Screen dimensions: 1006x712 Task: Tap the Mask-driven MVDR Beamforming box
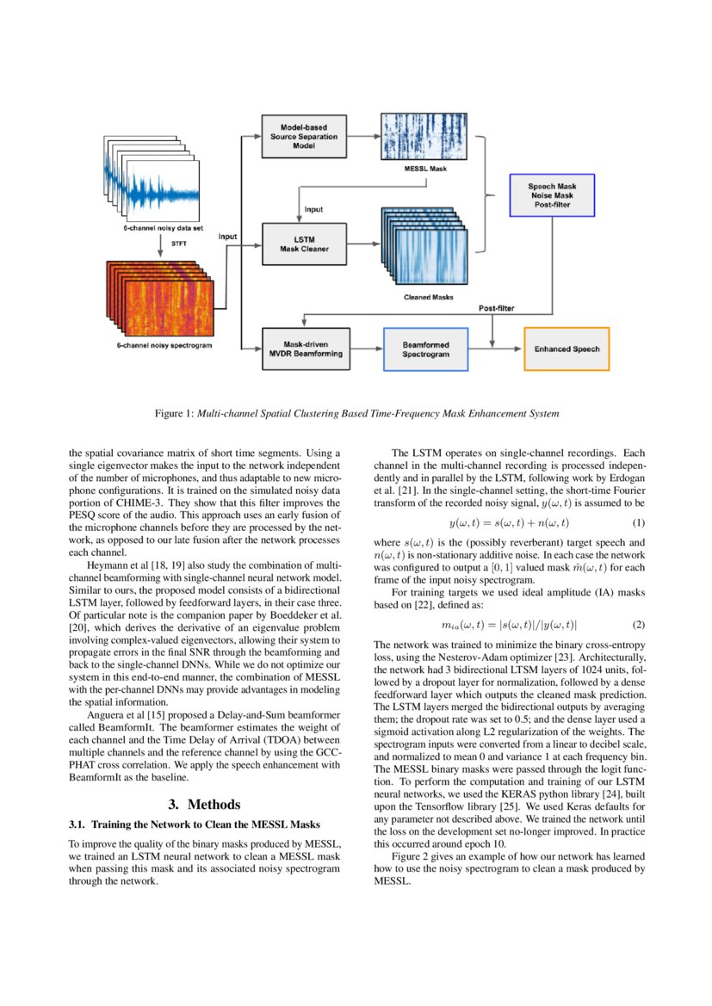pos(304,349)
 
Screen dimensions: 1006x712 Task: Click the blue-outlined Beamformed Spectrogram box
pos(425,349)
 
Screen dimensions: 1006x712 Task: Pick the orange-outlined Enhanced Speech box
pos(566,349)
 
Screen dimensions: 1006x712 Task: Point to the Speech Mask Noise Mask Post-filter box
pos(552,195)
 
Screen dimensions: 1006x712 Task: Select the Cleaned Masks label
pos(428,298)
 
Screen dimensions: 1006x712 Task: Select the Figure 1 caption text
pos(356,414)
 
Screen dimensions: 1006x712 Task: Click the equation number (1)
pos(638,522)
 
